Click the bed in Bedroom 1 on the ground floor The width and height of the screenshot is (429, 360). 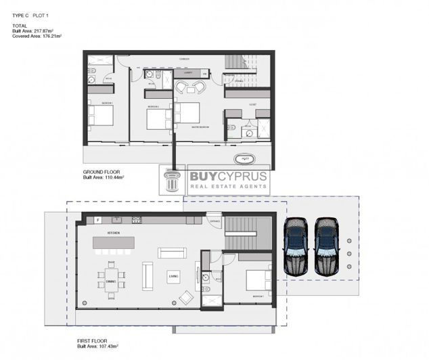(x=102, y=114)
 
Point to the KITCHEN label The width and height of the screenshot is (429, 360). (x=113, y=233)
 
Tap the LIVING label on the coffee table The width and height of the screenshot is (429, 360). (x=173, y=276)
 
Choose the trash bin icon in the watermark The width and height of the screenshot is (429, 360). (x=173, y=181)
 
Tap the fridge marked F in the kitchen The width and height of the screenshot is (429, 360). (x=97, y=220)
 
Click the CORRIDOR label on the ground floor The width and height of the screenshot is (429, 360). (x=183, y=60)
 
